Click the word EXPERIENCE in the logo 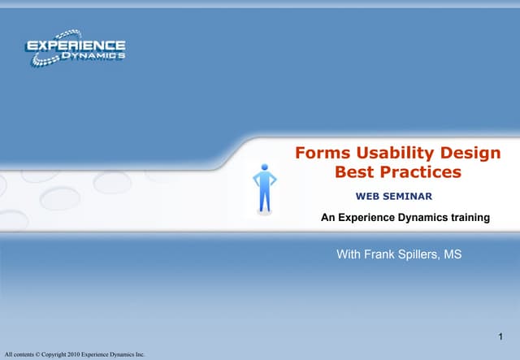[x=76, y=46]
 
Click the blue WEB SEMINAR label [x=393, y=197]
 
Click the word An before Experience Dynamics [x=327, y=218]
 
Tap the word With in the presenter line [x=349, y=255]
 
